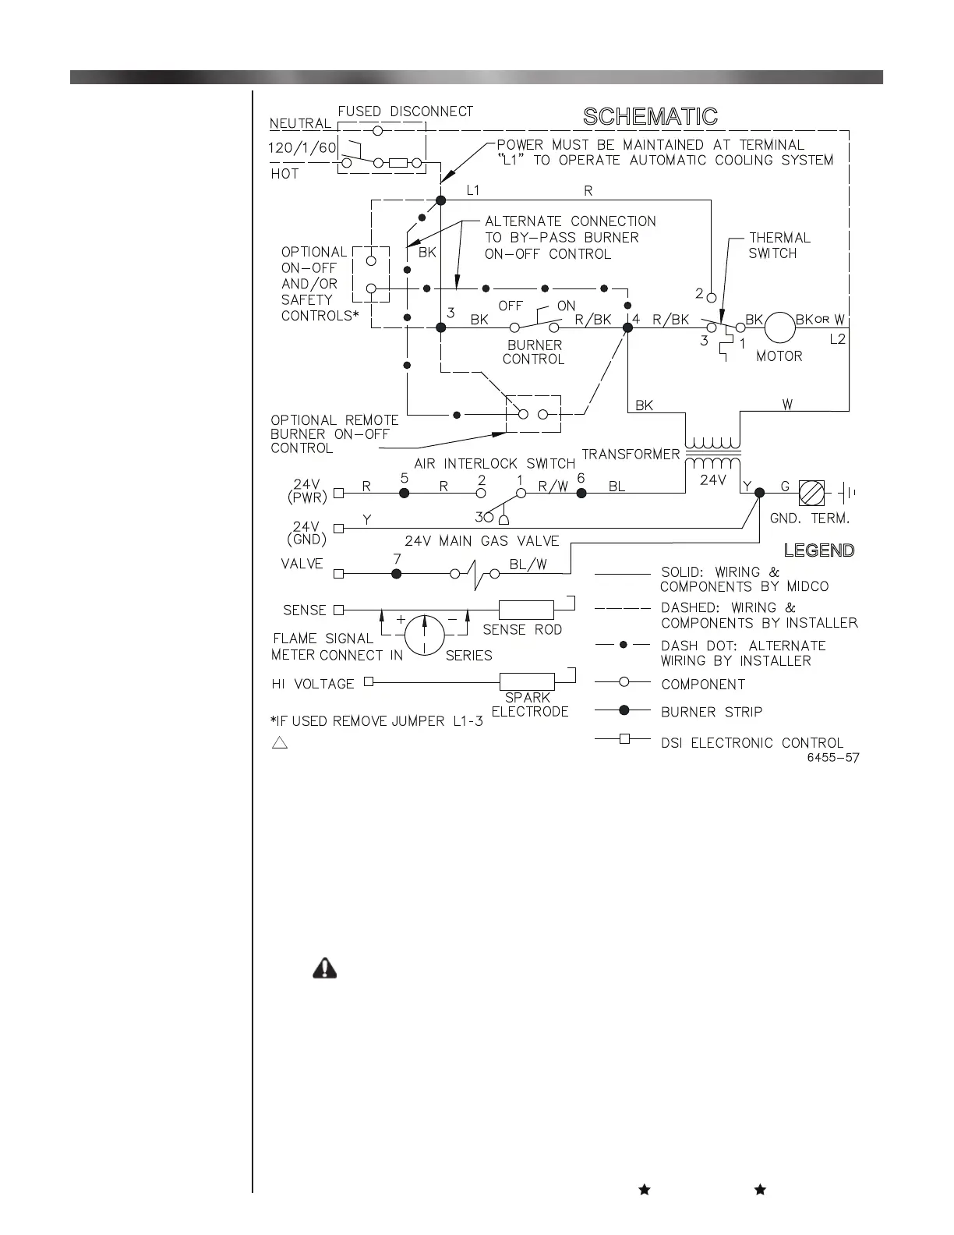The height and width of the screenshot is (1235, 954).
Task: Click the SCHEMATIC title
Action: [x=650, y=117]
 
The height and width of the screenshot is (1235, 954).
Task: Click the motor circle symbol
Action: [x=779, y=327]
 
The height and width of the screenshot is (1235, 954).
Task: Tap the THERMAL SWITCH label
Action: [x=779, y=245]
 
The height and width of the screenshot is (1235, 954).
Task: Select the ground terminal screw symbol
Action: [x=811, y=493]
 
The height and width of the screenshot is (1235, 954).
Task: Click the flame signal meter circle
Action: [x=424, y=632]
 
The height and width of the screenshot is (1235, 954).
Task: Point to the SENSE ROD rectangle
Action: [x=526, y=610]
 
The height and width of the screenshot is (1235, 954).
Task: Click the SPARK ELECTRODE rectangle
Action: [x=527, y=681]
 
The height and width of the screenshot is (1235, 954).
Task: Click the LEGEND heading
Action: [x=818, y=550]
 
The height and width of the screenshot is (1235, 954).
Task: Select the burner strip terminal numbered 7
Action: [x=396, y=574]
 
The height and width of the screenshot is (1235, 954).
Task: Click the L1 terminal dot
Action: [x=440, y=200]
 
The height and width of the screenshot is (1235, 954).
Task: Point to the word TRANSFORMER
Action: [x=631, y=455]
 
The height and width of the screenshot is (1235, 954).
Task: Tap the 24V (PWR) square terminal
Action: [x=338, y=493]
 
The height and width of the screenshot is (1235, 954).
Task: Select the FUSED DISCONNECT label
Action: [x=405, y=111]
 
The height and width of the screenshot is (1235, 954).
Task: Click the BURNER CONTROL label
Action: [x=534, y=352]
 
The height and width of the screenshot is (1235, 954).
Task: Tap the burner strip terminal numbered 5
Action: [x=404, y=493]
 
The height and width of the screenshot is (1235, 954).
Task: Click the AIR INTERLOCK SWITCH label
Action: [x=494, y=464]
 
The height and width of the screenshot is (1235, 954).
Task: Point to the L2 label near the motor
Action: [x=837, y=339]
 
